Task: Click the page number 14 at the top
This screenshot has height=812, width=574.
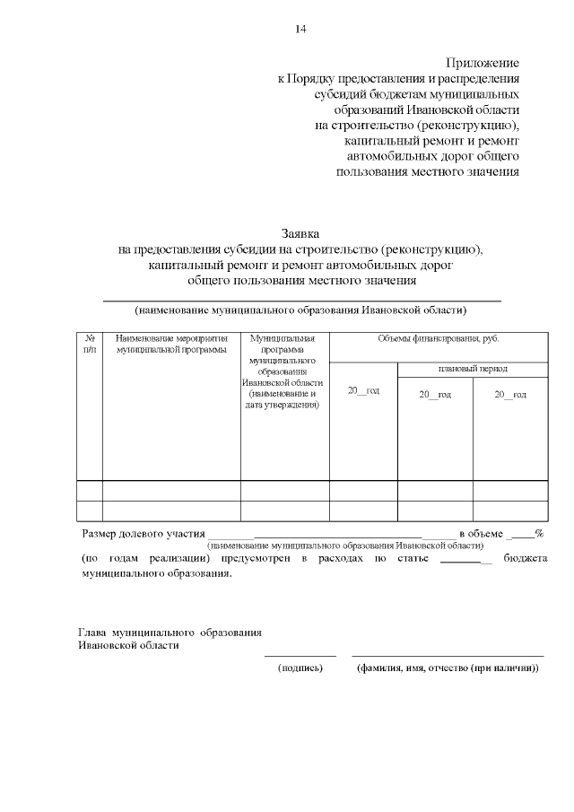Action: (x=301, y=30)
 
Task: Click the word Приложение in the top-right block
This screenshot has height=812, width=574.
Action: (x=483, y=63)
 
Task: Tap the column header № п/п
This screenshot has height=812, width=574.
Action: (x=90, y=344)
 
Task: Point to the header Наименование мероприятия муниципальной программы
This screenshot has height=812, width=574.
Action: (x=171, y=344)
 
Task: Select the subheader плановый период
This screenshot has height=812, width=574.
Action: (x=473, y=369)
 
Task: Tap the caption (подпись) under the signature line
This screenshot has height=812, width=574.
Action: (x=300, y=668)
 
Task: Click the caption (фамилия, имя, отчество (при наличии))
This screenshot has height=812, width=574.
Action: (x=448, y=668)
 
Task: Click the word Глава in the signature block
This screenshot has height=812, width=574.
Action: (x=93, y=633)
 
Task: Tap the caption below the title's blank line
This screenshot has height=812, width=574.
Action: (x=301, y=310)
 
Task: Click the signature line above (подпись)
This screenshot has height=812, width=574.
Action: (x=300, y=656)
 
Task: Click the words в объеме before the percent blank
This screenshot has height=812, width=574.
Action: (x=480, y=533)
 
